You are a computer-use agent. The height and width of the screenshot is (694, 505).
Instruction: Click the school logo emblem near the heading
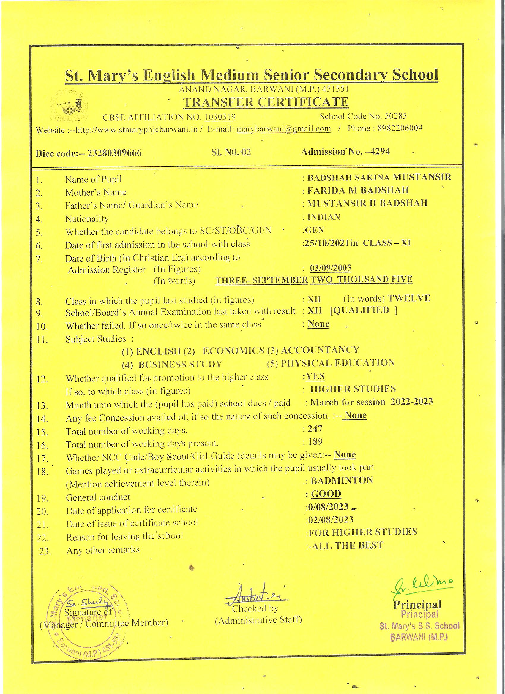coord(69,106)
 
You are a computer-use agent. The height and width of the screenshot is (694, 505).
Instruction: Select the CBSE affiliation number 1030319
coord(220,117)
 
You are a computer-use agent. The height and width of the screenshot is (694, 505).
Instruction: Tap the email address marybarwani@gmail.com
coord(284,129)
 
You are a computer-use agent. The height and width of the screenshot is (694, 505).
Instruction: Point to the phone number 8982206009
coord(400,128)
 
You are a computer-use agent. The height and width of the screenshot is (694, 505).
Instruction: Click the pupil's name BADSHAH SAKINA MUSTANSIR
coord(379,177)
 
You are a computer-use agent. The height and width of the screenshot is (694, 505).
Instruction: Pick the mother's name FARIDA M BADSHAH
coord(358,190)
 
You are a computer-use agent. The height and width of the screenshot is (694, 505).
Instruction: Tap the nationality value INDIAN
coord(324,217)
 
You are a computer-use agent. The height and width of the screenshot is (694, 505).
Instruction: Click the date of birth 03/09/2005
coord(330,268)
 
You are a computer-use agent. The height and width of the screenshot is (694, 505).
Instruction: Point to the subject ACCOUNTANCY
coord(320,349)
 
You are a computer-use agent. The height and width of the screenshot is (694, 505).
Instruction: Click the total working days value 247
coord(315,429)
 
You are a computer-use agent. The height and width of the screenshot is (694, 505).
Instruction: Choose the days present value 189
coord(315,442)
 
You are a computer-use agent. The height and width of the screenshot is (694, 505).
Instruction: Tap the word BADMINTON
coord(341,480)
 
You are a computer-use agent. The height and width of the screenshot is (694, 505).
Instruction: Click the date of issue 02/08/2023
coord(331,519)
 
